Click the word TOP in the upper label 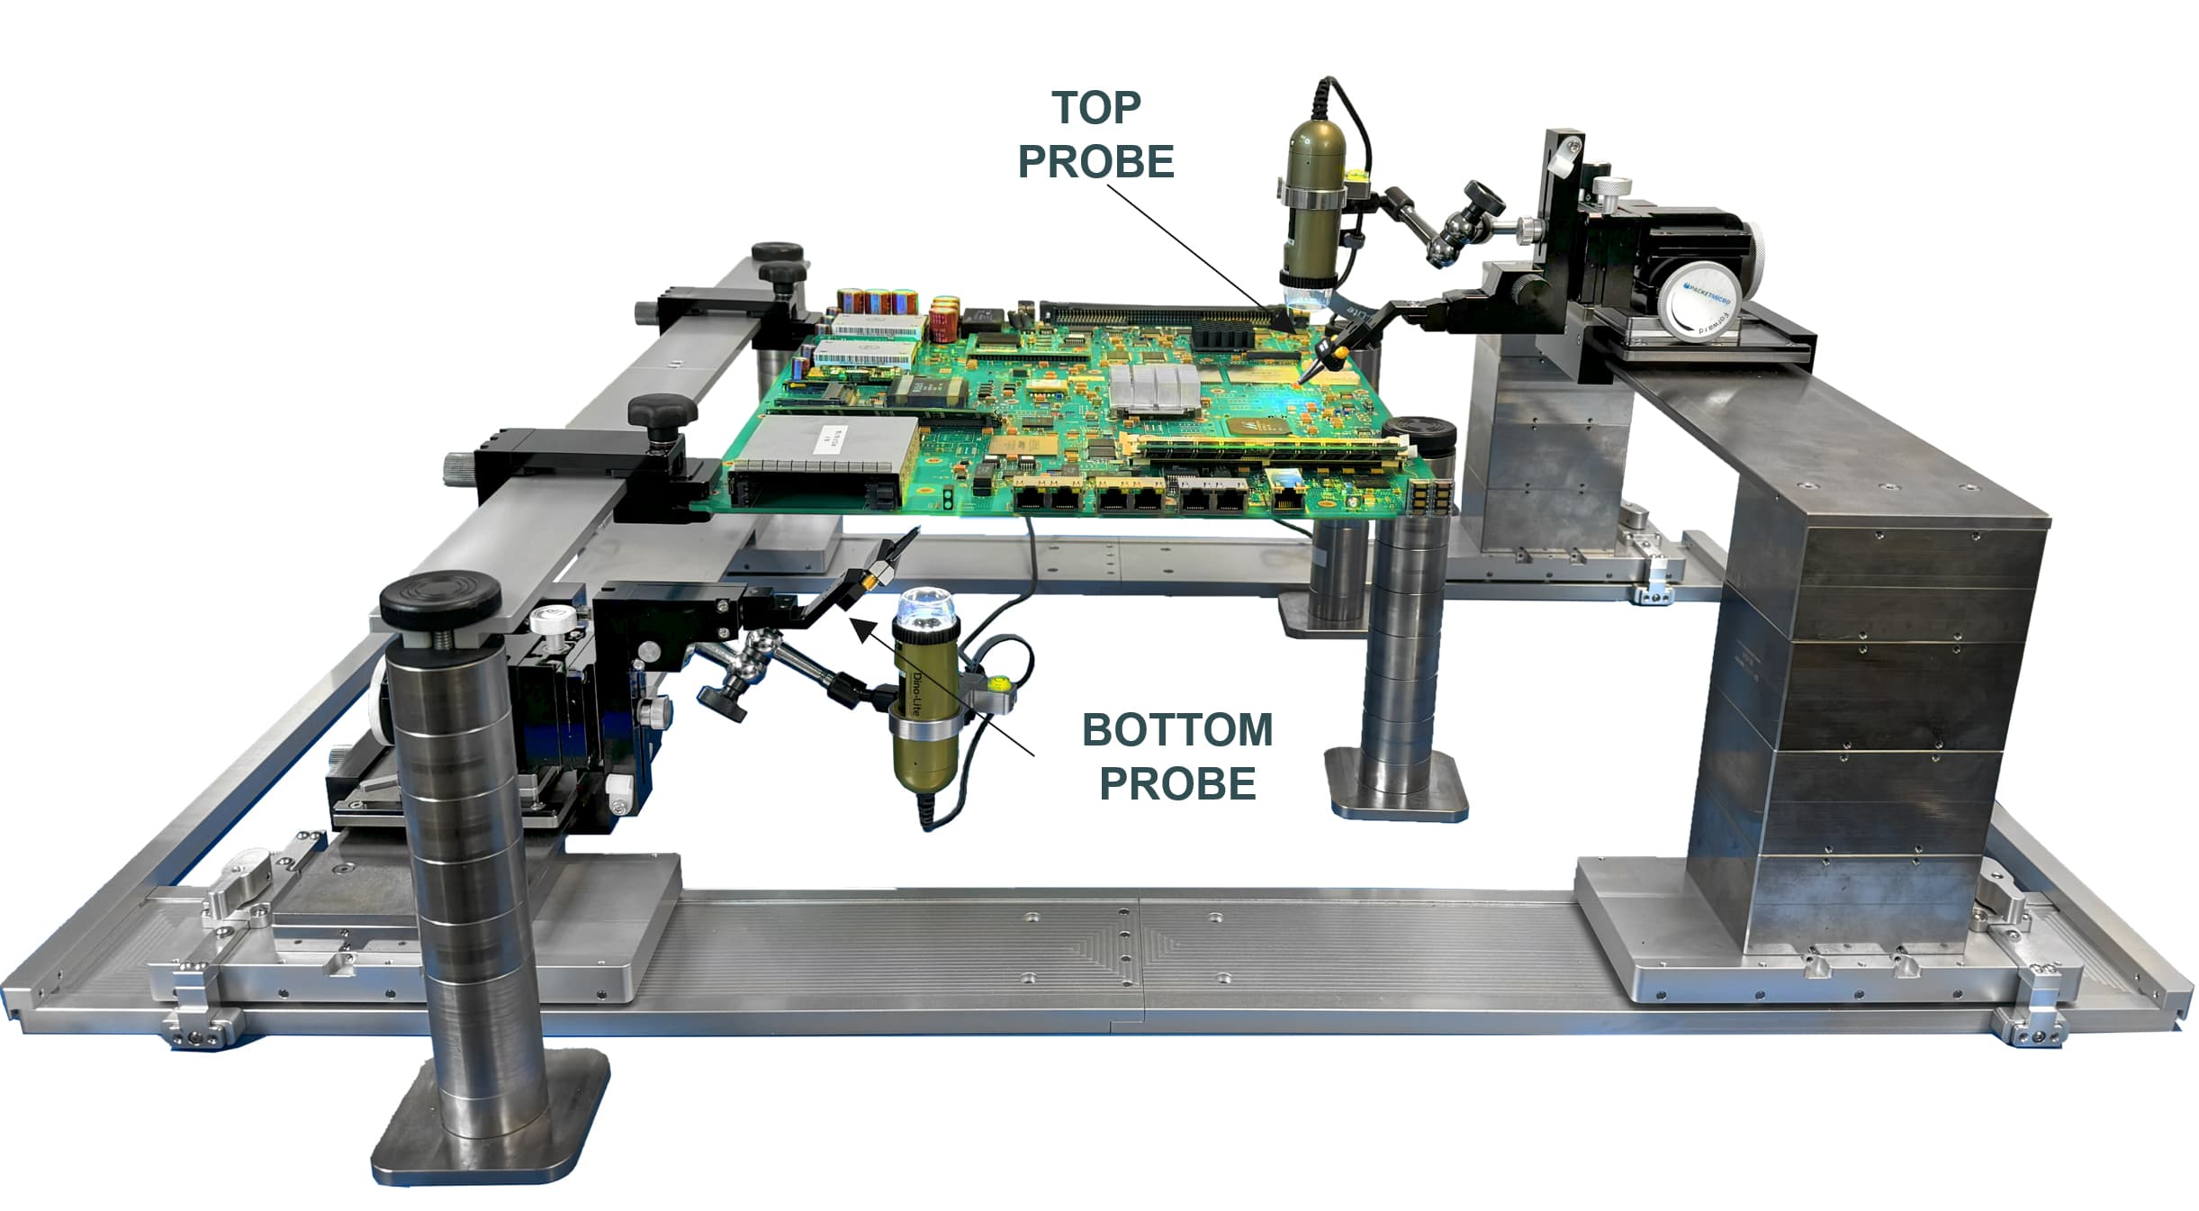(x=1095, y=108)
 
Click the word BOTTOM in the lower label (x=1176, y=729)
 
